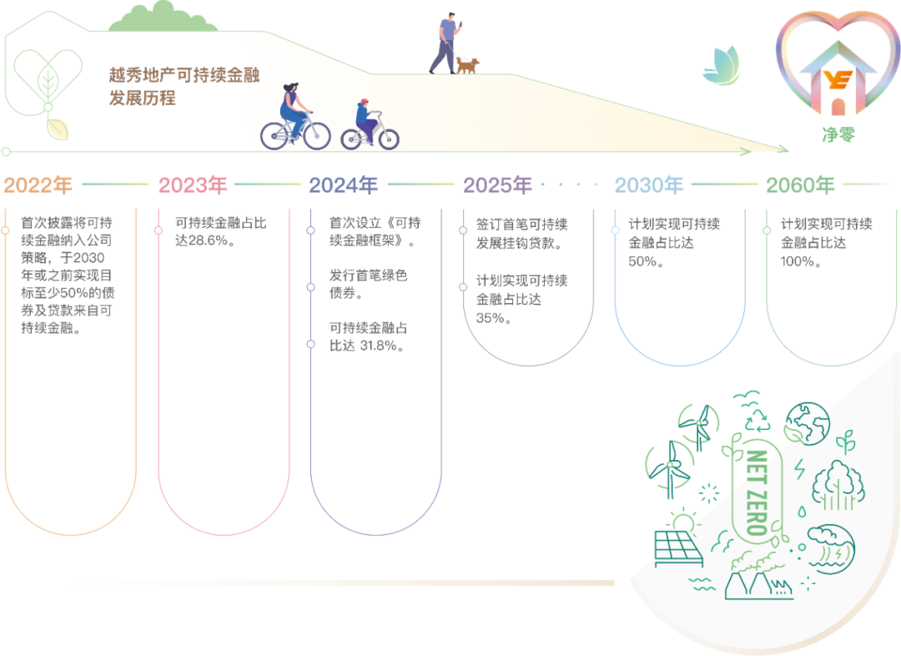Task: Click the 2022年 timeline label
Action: (38, 185)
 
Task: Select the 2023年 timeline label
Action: (193, 185)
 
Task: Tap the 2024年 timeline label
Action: (344, 185)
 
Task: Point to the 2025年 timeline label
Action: (498, 185)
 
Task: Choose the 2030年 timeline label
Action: (649, 185)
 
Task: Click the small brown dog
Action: (467, 65)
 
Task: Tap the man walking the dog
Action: (445, 43)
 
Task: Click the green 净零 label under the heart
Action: (838, 134)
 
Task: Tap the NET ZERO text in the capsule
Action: (756, 492)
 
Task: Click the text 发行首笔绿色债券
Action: (369, 284)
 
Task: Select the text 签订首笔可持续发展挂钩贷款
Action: (522, 235)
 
